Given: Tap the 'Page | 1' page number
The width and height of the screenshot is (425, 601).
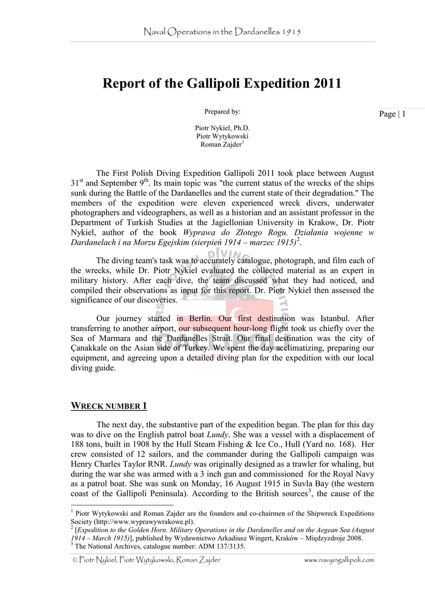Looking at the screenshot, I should click(392, 114).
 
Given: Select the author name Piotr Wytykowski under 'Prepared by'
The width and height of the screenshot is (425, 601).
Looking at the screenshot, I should click(222, 136).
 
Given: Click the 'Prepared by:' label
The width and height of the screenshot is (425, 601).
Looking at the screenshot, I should click(222, 112).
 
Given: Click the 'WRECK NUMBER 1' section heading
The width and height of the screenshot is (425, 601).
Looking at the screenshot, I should click(108, 406).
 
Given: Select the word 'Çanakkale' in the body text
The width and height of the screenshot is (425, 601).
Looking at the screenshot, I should click(94, 347).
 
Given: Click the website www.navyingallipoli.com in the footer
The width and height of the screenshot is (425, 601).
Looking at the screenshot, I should click(339, 561).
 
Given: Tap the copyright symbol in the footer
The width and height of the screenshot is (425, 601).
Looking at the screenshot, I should click(74, 561).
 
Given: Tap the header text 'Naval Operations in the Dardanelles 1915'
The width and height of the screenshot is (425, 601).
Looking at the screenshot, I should click(222, 31).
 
